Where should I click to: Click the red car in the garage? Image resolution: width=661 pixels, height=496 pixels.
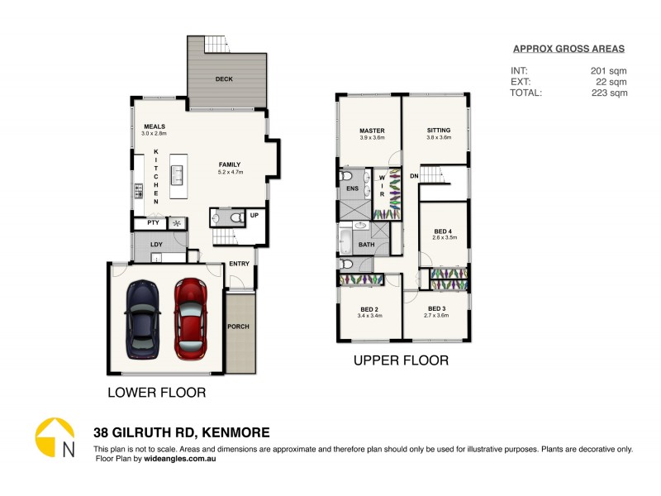[x=191, y=318]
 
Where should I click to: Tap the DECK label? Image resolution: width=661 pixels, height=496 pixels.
[x=223, y=79]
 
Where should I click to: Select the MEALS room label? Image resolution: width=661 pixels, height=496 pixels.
[x=154, y=126]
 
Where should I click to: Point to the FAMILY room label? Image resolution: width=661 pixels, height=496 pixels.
[x=229, y=165]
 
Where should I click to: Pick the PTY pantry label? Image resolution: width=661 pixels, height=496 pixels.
[x=152, y=223]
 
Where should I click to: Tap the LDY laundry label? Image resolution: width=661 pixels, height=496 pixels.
[x=156, y=245]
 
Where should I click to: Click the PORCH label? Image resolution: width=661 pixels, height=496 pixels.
[x=239, y=327]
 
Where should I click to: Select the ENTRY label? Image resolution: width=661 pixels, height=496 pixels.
[x=239, y=264]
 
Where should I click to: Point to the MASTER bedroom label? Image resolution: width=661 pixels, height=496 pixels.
[x=372, y=131]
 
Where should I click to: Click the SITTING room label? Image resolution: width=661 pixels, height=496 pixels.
[x=439, y=131]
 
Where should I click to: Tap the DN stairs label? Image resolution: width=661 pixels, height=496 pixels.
[x=414, y=176]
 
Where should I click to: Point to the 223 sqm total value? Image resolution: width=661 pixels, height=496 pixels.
[x=611, y=93]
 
